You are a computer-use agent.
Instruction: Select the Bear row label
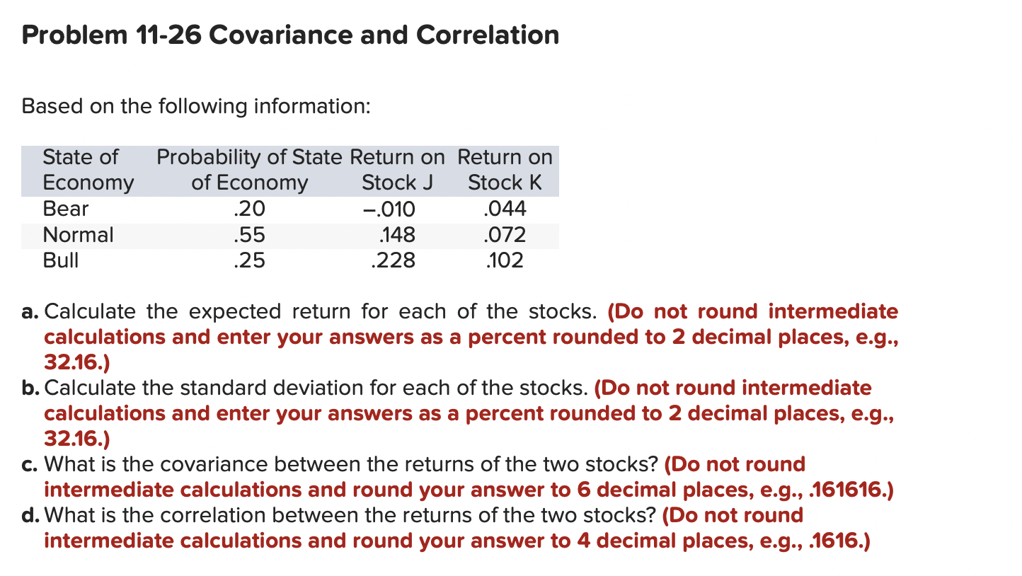65,209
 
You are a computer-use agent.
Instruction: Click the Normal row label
78,235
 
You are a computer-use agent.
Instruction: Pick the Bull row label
61,260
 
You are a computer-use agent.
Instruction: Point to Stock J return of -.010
388,209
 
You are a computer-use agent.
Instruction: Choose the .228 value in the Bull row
393,260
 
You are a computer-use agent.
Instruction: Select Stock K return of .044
504,209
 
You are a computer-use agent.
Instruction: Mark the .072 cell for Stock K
504,235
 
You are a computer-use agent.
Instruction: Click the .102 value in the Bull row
504,260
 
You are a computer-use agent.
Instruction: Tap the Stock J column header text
396,183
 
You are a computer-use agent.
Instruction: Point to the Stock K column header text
504,183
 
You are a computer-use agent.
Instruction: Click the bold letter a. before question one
30,312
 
